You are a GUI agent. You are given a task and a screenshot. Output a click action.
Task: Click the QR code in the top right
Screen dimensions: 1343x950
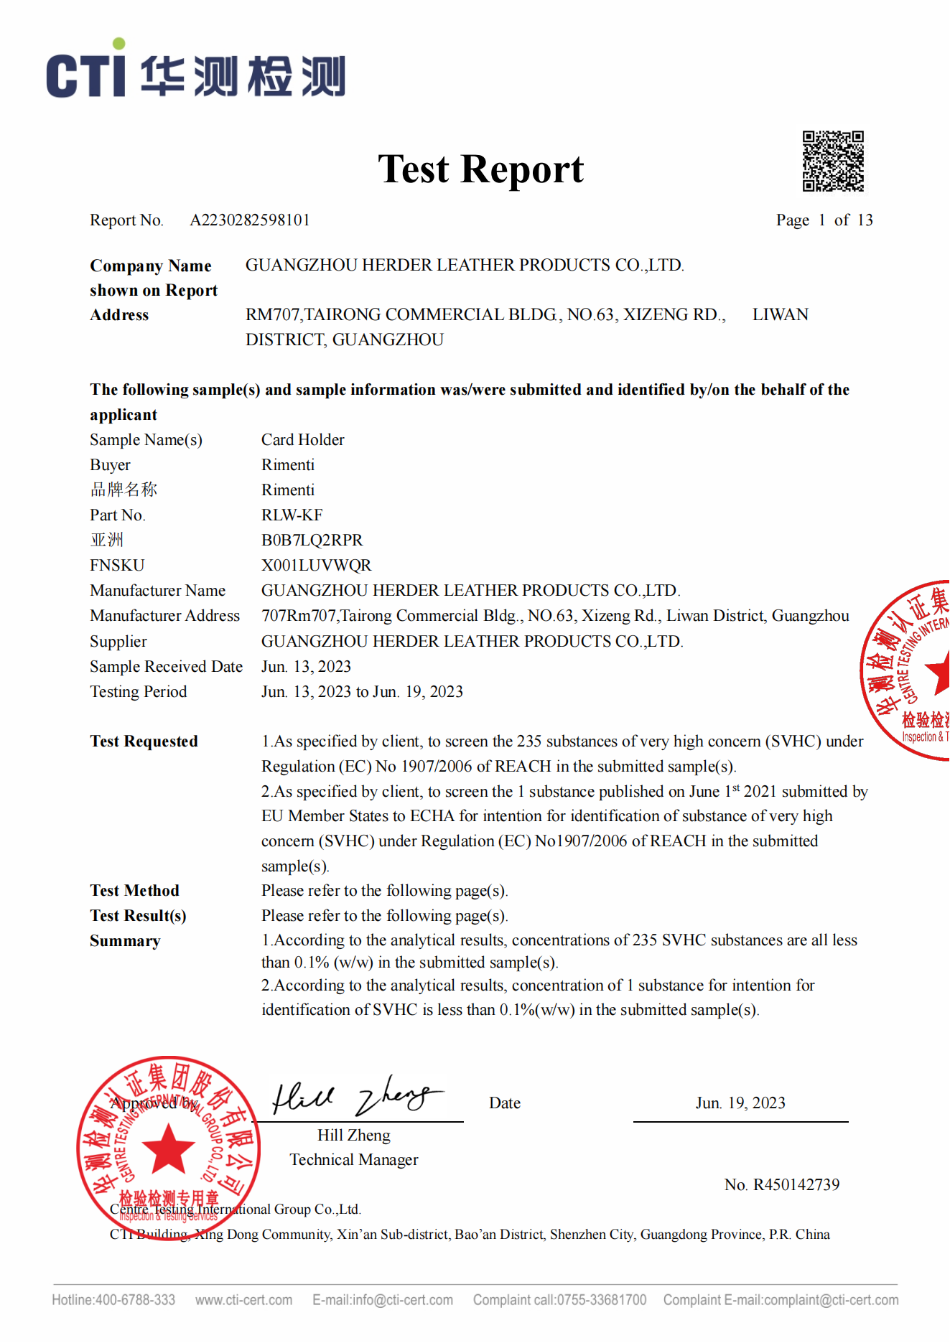tap(833, 162)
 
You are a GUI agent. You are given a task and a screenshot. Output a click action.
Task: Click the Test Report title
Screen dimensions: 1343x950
tap(480, 169)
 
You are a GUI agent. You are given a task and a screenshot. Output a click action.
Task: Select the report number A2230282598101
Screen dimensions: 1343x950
tap(249, 220)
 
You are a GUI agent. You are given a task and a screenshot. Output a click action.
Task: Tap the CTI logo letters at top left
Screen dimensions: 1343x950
tap(86, 74)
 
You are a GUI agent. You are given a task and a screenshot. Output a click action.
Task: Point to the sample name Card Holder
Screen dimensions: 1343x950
tap(302, 440)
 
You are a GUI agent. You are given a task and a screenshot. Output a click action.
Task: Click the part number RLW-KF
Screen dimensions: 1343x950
tap(292, 515)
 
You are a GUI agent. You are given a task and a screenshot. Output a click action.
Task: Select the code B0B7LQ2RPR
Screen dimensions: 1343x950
tap(312, 541)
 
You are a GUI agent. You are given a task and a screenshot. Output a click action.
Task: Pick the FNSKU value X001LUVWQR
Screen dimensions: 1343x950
tap(316, 566)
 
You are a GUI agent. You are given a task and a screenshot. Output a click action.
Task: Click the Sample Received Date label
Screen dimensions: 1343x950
tap(166, 667)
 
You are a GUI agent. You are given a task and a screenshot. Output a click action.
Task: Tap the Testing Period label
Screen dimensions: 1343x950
tap(138, 692)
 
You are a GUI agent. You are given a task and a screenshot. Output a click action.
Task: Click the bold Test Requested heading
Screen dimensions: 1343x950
tap(144, 741)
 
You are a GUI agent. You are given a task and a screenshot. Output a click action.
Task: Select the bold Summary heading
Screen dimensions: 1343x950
tap(125, 941)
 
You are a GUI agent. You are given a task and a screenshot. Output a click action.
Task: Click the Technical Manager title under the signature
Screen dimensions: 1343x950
tap(353, 1160)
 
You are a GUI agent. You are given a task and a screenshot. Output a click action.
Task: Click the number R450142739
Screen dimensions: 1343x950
tap(796, 1185)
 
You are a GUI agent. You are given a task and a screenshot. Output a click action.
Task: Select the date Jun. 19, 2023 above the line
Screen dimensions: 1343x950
tap(740, 1103)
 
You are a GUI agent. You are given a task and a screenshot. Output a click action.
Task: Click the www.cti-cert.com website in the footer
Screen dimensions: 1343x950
tap(243, 1300)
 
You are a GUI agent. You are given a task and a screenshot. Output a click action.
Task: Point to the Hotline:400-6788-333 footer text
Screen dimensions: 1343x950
tap(113, 1300)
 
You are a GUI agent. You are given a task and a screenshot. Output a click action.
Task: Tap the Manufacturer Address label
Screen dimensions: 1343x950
tap(164, 616)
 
